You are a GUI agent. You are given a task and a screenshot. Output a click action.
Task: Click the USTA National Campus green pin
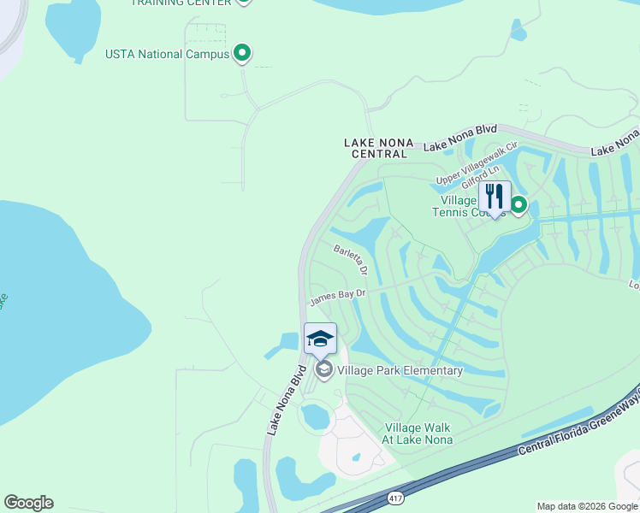[x=242, y=54]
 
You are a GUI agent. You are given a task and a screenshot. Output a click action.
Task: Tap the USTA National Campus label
[x=167, y=54]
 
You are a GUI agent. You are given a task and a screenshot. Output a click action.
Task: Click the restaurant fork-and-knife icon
[x=495, y=196]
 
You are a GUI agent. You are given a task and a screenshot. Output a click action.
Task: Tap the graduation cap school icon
[x=320, y=338]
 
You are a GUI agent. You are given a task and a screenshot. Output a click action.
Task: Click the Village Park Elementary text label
[x=400, y=370]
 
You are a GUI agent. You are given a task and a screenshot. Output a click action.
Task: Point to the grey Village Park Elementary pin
[x=323, y=369]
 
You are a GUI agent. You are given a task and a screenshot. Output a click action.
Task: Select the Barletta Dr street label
[x=350, y=259]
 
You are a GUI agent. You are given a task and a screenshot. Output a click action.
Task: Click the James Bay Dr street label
[x=337, y=295]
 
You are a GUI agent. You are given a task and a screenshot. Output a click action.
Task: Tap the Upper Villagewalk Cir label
[x=477, y=163]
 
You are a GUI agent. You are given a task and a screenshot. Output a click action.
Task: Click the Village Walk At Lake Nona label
[x=418, y=433]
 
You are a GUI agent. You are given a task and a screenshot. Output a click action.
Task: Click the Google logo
[x=28, y=503]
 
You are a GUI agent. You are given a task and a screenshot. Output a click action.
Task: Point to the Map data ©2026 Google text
[x=586, y=506]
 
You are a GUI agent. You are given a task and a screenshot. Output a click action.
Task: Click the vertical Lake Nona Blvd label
[x=286, y=401]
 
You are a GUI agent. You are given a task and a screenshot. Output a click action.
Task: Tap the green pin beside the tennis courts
[x=519, y=204]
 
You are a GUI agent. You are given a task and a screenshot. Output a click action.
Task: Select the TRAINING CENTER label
[x=181, y=3]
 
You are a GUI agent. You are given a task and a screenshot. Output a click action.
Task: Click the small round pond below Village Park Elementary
[x=315, y=417]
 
